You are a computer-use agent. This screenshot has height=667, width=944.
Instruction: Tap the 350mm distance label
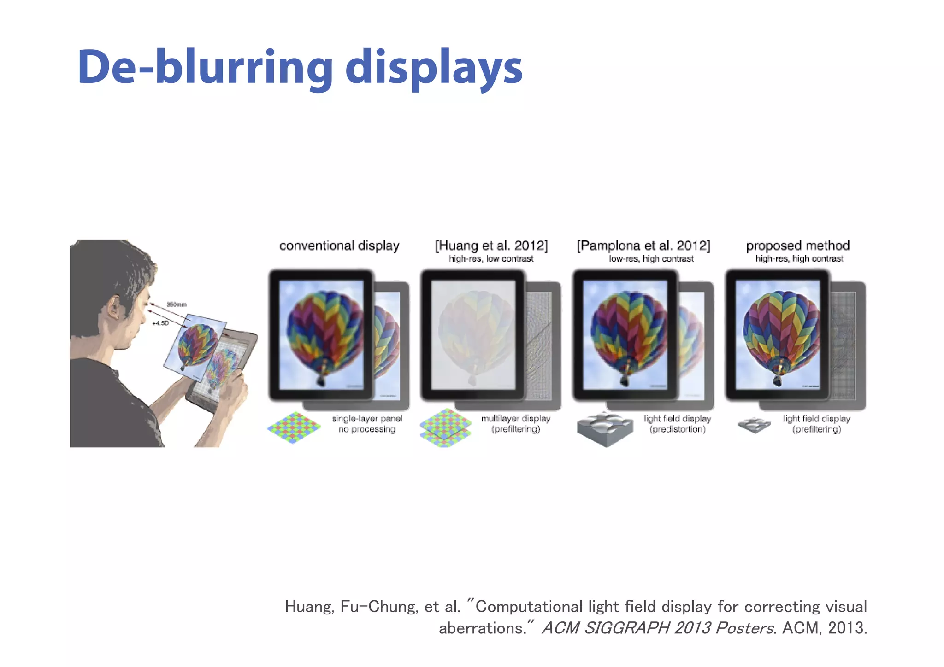coord(177,304)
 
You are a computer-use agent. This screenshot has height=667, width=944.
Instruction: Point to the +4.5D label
coord(160,323)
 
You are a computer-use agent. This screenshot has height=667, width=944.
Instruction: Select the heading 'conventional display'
coord(339,246)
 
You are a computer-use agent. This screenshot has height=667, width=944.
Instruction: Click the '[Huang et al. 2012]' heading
coord(491,246)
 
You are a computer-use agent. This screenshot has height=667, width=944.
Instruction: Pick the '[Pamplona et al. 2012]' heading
coord(643,246)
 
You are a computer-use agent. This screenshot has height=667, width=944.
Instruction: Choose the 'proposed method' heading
coord(797,246)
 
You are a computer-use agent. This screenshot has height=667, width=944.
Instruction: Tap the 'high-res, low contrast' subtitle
coord(491,259)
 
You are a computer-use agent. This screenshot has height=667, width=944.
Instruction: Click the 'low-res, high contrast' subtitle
coord(651,259)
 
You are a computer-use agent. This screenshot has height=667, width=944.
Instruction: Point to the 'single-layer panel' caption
coord(367,418)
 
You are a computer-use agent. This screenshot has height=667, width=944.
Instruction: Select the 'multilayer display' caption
coord(515,418)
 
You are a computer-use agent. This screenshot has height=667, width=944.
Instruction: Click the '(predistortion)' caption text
coord(677,429)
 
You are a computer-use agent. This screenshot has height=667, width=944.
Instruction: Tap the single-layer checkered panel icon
coord(294,427)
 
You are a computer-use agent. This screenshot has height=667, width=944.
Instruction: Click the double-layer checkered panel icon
coord(445,428)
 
